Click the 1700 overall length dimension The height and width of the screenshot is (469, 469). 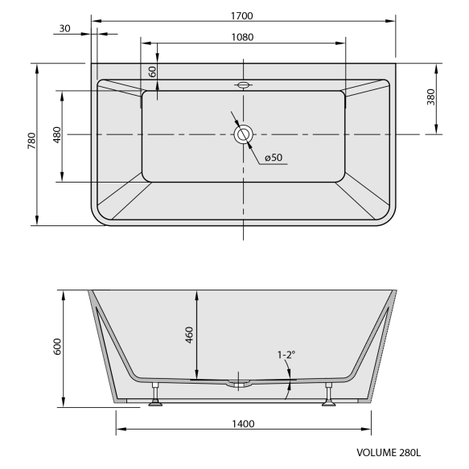tap(242, 14)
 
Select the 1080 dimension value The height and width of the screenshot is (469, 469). tap(242, 36)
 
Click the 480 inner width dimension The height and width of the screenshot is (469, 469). tap(56, 135)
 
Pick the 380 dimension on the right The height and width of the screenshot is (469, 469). tap(431, 97)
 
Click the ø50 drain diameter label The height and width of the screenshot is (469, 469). tap(273, 158)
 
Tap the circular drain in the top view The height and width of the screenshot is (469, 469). tap(243, 134)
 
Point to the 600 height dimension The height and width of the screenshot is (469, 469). tap(56, 348)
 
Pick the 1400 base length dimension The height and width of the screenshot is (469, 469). tap(242, 424)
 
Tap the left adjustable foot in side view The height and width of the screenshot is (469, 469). tap(155, 398)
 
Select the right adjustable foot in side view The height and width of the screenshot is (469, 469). tap(329, 398)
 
